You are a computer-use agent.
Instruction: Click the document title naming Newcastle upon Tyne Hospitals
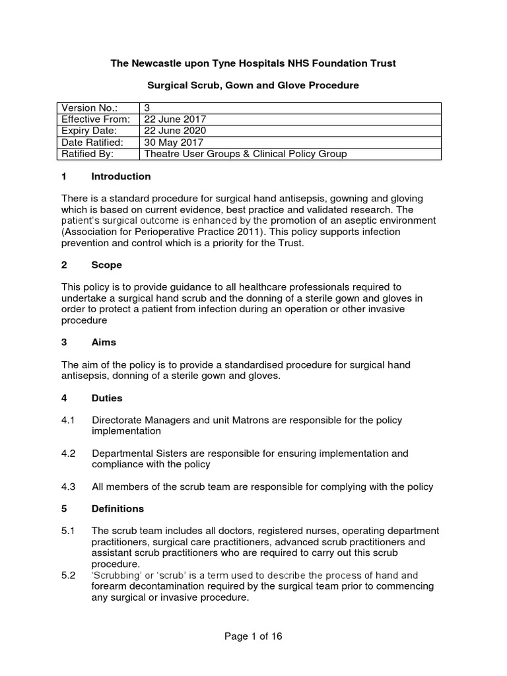click(253, 63)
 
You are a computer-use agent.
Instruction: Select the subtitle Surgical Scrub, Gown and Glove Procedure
click(253, 86)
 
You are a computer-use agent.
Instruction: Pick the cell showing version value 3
click(147, 108)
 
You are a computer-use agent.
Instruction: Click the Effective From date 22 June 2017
click(175, 119)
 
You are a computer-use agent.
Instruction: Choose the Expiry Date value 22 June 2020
click(175, 131)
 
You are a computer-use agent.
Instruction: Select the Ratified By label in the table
click(87, 153)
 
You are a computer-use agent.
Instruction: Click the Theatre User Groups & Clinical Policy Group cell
click(245, 153)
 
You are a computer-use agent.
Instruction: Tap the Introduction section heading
click(121, 176)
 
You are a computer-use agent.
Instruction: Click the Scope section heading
click(106, 265)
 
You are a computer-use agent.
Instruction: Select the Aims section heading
click(104, 342)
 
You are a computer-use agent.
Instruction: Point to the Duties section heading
click(107, 398)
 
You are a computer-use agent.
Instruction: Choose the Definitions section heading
click(118, 509)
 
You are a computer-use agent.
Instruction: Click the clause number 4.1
click(68, 420)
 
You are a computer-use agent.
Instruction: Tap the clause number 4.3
click(68, 487)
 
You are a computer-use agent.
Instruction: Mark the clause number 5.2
click(68, 576)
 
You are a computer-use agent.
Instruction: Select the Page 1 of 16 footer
click(253, 636)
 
